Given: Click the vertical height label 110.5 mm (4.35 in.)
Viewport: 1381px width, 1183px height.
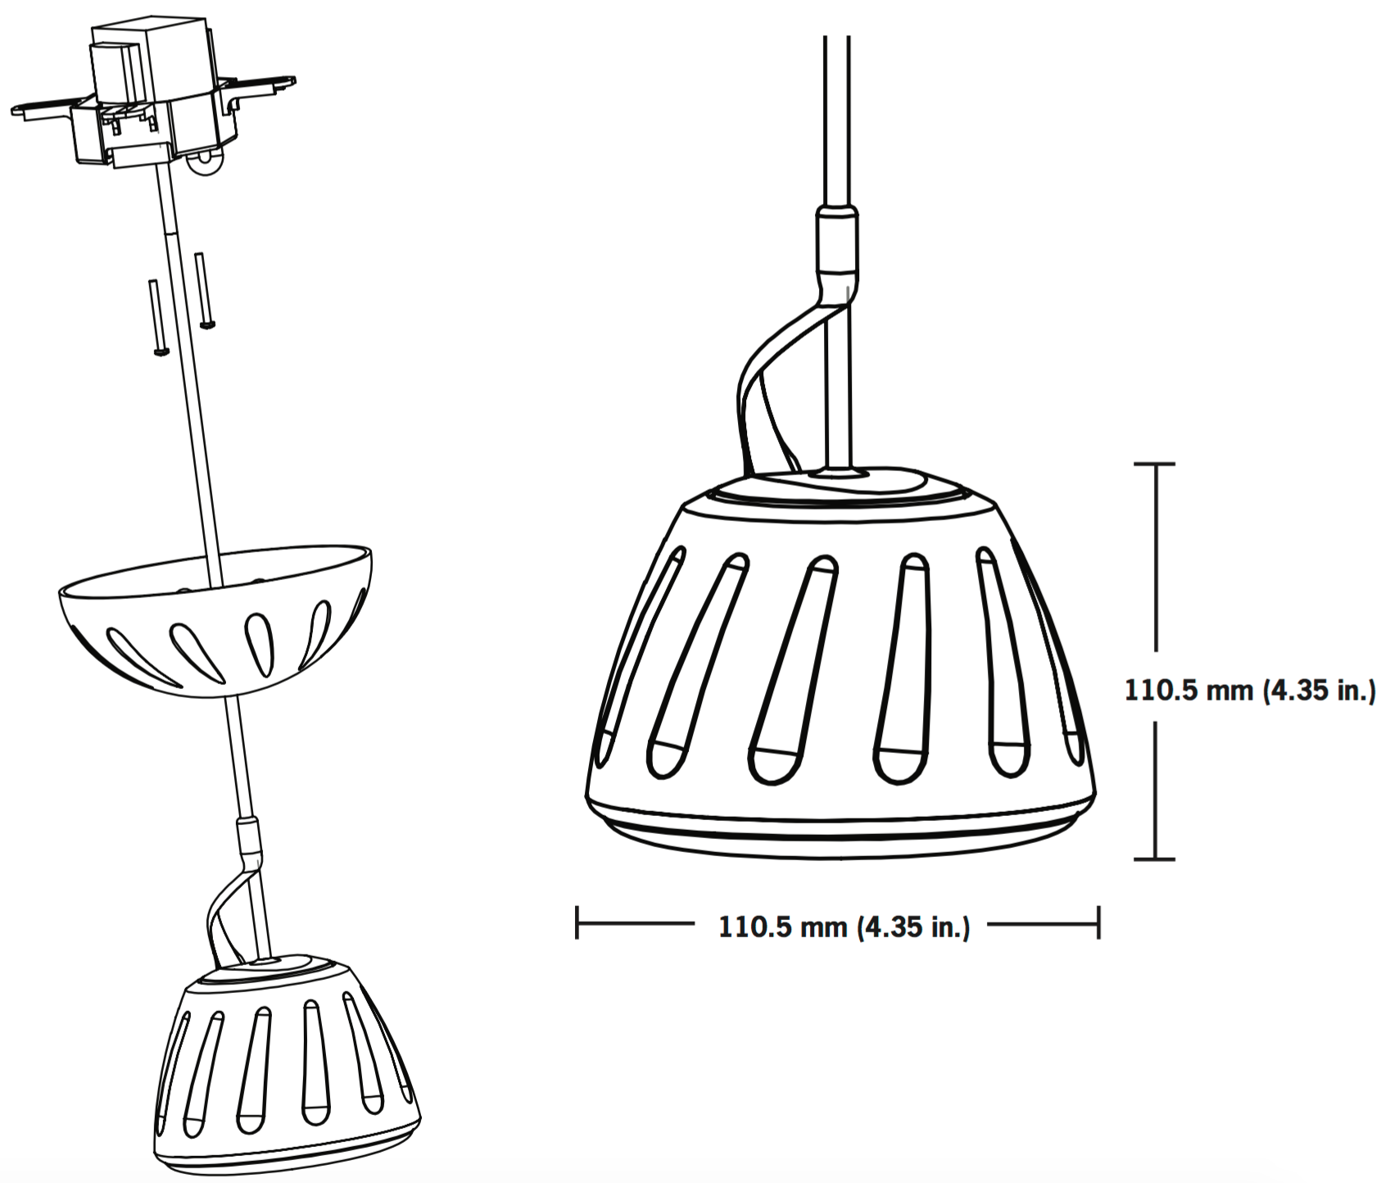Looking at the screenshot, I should [1248, 691].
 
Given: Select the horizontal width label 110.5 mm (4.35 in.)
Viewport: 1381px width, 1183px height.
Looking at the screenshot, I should [844, 927].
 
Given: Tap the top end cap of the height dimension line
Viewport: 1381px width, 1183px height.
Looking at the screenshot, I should [1154, 465].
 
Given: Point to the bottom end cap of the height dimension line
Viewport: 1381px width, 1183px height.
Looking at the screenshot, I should [1154, 859].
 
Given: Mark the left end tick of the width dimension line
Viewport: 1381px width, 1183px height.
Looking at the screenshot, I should [577, 922].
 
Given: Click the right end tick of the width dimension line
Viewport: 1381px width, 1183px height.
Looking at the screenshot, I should [1098, 922].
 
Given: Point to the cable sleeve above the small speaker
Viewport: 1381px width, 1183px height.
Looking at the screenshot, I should [247, 836].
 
